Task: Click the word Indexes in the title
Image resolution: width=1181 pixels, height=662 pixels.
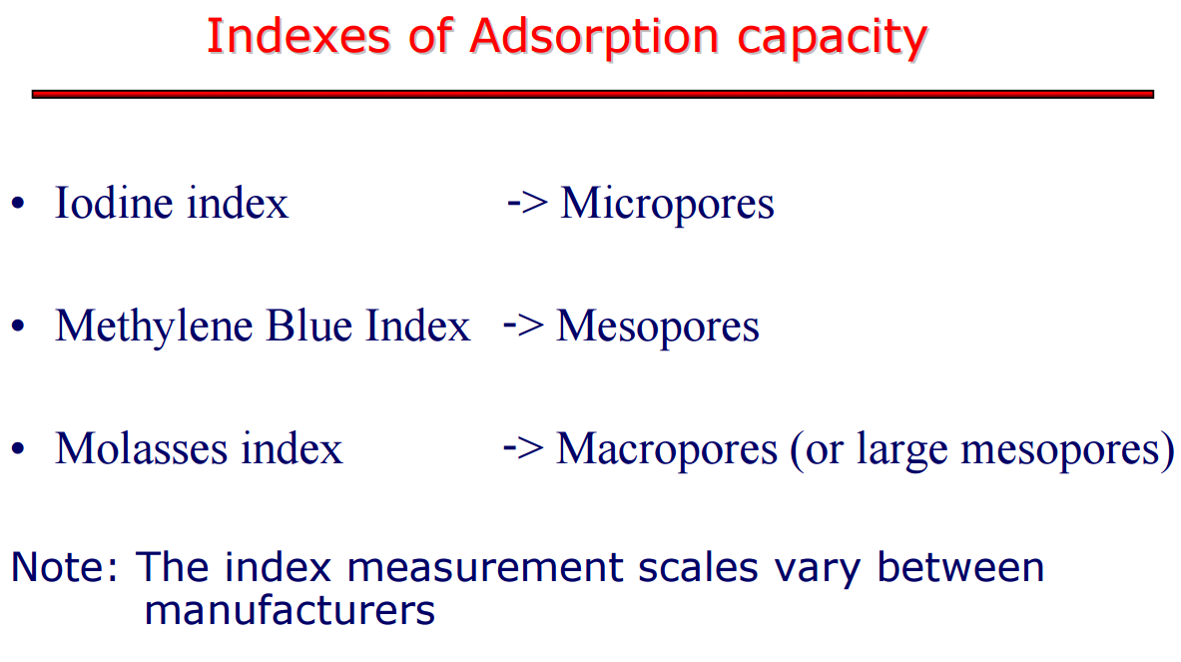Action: point(298,36)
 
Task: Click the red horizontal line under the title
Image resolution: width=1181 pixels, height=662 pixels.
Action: point(592,94)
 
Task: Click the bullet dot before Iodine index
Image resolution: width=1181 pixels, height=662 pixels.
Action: point(19,204)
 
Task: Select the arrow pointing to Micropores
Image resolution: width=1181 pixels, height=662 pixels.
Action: point(526,204)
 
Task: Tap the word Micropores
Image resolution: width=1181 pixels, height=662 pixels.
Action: point(667,204)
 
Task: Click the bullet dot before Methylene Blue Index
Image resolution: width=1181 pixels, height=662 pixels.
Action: point(19,327)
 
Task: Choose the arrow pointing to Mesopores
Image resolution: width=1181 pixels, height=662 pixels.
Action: point(523,327)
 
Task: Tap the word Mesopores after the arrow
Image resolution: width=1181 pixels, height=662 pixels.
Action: point(658,328)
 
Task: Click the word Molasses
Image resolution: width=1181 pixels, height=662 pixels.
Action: point(142,449)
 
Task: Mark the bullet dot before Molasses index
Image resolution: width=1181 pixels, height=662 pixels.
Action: point(19,449)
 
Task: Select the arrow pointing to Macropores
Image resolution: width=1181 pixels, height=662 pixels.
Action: point(523,449)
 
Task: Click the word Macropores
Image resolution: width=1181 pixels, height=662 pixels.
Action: point(667,449)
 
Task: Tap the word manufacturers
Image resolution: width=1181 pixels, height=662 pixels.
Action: point(290,610)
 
